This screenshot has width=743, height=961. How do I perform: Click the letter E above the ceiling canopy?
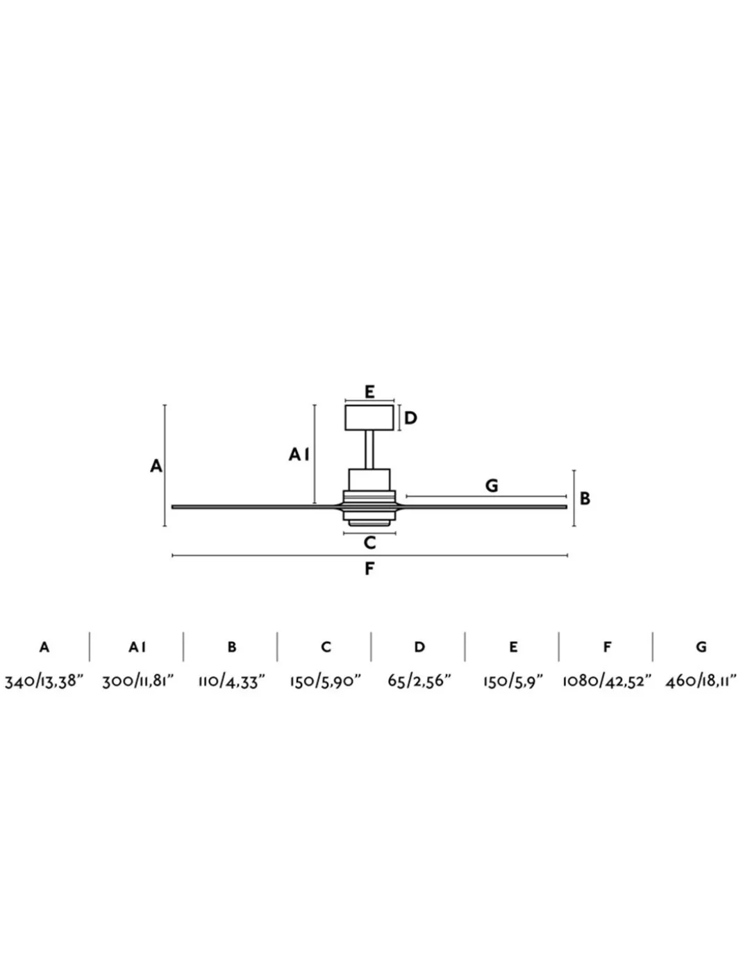(x=369, y=392)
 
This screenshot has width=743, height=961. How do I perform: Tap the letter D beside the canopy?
(x=410, y=418)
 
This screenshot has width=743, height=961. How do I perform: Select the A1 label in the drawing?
(x=299, y=454)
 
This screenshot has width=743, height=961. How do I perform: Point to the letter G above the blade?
(x=492, y=485)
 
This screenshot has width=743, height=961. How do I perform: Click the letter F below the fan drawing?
(x=369, y=569)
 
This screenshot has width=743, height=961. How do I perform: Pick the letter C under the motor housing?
(x=369, y=542)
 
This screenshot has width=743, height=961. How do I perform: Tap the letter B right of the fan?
(x=585, y=499)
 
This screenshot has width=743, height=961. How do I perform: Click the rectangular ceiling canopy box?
(x=369, y=417)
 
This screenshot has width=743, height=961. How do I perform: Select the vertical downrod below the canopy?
(x=369, y=449)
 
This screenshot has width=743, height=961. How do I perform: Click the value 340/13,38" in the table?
(x=44, y=680)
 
